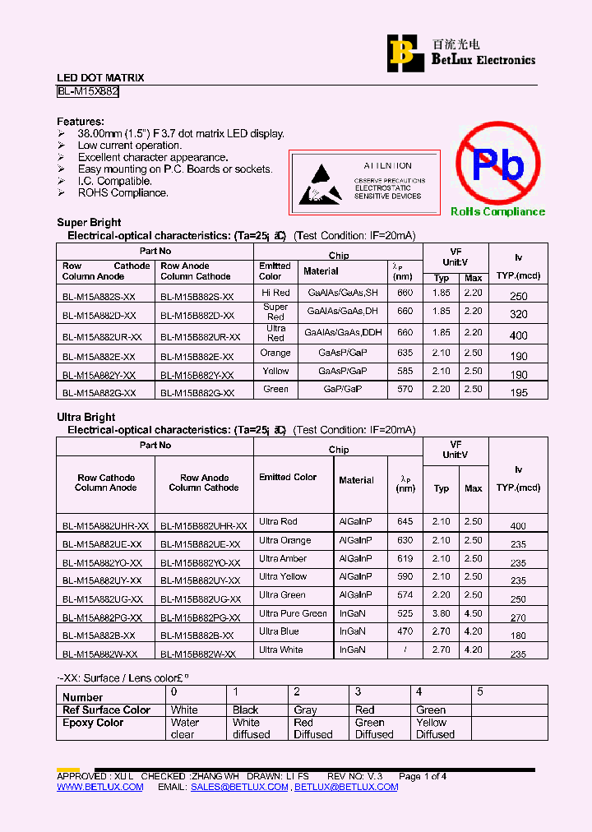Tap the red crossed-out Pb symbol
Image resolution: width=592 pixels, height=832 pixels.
pos(497,164)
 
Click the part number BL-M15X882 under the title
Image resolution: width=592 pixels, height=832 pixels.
pos(88,92)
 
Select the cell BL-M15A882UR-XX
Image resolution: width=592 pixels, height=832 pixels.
pos(102,336)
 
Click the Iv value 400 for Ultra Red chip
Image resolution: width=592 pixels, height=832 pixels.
pos(518,335)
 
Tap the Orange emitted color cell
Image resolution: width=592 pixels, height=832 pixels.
pos(275,353)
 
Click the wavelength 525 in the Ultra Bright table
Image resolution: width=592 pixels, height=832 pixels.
pos(405,613)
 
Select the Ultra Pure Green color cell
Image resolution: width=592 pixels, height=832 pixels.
pos(293,613)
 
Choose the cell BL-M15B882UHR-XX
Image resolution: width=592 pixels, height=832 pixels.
pos(204,525)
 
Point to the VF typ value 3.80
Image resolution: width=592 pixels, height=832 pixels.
pos(442,613)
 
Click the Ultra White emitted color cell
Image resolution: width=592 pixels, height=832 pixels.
pos(281,649)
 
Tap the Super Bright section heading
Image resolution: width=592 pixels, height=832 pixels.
pos(89,222)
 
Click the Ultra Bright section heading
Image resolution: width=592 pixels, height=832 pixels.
pos(86,417)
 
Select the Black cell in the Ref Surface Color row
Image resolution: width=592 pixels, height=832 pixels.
pos(245,710)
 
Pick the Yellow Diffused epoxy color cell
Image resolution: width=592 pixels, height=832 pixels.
pos(435,728)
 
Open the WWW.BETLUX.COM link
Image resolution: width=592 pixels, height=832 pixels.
pos(99,787)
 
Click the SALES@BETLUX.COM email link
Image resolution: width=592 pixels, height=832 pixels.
pos(239,787)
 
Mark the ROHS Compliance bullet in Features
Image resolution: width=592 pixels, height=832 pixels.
pos(123,193)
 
